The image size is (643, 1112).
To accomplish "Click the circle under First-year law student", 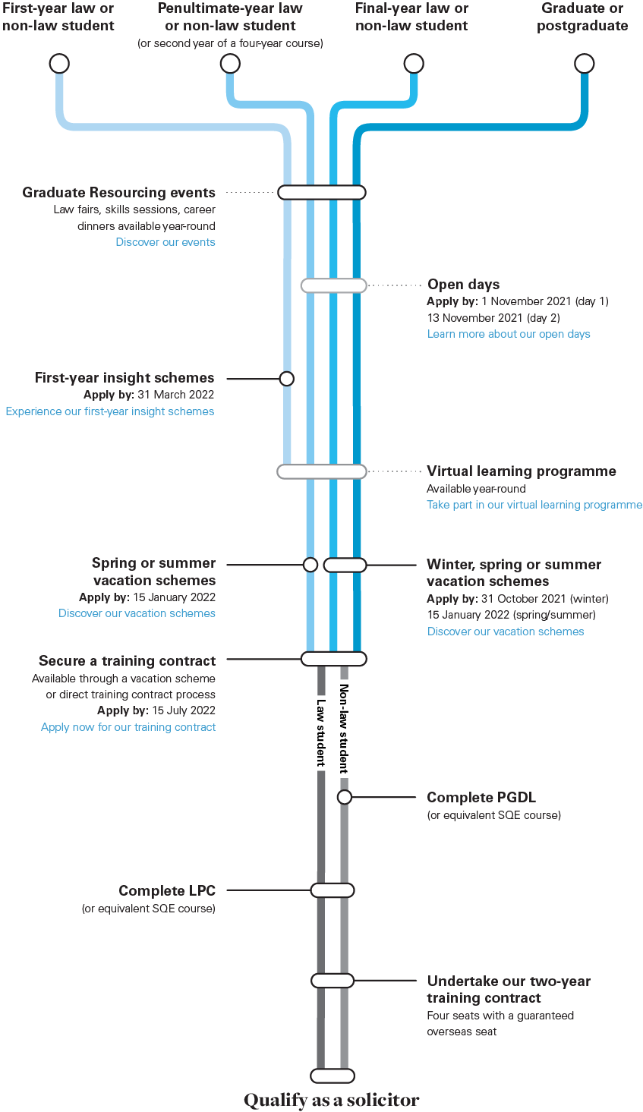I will click(x=59, y=64).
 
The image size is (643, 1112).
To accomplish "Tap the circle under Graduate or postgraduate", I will click(x=584, y=64).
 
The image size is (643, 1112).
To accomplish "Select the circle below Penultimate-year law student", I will click(x=230, y=64).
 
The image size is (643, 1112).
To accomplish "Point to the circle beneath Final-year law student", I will click(x=413, y=64).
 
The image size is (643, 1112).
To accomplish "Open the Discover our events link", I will click(x=165, y=242).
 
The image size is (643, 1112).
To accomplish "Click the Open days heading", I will click(x=463, y=285).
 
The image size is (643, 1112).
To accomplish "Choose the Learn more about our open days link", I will click(x=509, y=334).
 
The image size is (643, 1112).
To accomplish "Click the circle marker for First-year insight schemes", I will click(x=286, y=378).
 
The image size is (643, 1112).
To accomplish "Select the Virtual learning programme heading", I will click(x=521, y=471).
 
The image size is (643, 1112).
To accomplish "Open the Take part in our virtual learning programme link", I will click(x=534, y=505).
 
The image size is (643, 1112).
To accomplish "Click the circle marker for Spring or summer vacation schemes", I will click(x=310, y=565).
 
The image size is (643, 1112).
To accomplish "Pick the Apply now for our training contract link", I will click(x=128, y=727).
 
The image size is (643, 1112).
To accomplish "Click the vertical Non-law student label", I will click(x=344, y=729).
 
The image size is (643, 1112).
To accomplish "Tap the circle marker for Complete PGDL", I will click(x=345, y=797).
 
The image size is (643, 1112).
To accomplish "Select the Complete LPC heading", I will click(x=167, y=890).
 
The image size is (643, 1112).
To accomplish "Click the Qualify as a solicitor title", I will click(x=331, y=1100).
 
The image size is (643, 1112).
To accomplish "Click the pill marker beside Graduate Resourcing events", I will click(x=322, y=193).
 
